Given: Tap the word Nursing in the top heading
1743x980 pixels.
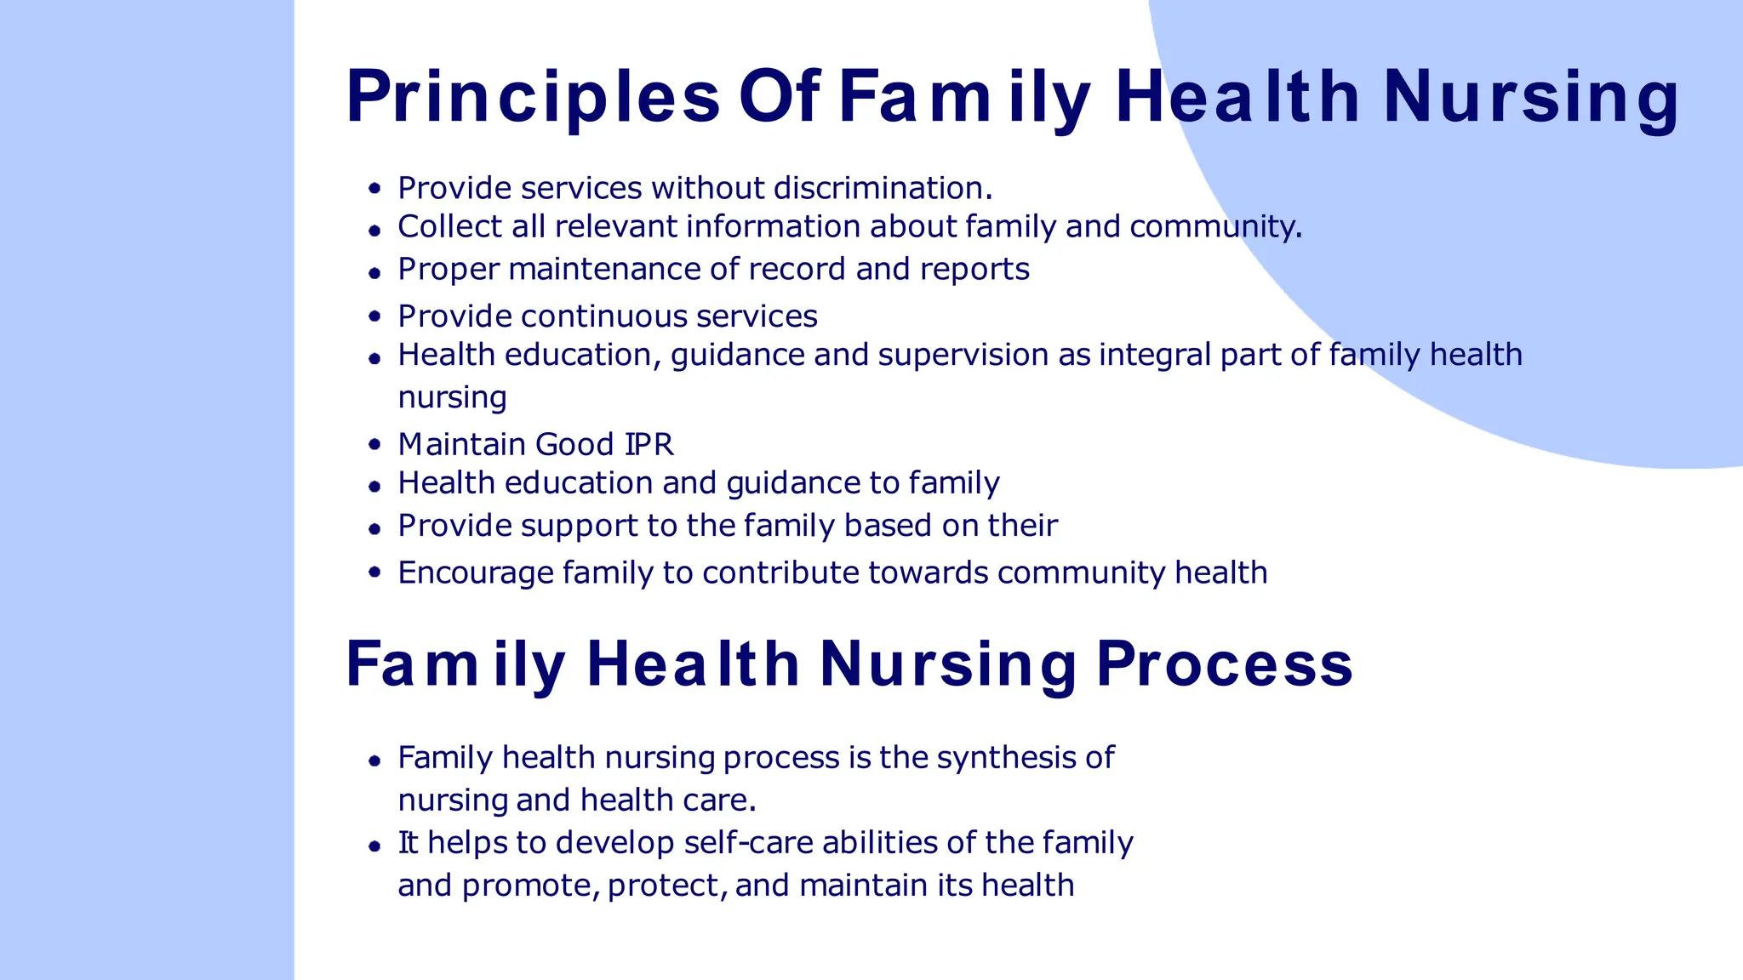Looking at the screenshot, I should [x=1530, y=98].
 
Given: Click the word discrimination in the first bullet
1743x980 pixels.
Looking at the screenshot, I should [x=878, y=188].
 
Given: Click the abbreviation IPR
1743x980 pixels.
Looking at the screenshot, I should [x=649, y=445].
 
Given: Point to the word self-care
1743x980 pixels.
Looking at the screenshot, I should [x=748, y=842].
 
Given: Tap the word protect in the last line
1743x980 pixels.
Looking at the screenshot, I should [x=666, y=886].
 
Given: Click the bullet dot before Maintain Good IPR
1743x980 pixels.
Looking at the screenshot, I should [x=374, y=444].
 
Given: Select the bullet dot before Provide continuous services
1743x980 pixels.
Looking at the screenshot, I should [x=374, y=316].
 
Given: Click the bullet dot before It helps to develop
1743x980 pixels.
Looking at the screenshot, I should [x=374, y=846].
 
